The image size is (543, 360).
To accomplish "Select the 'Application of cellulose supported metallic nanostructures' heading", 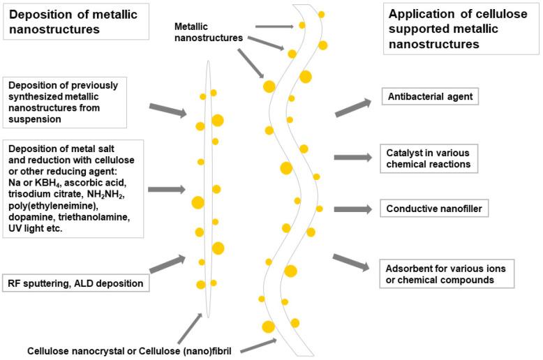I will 456,29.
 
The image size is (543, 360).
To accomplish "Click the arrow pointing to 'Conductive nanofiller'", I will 354,209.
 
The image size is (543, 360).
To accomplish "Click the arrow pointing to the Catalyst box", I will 354,158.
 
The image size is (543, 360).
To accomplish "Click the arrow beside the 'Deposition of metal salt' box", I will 166,189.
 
